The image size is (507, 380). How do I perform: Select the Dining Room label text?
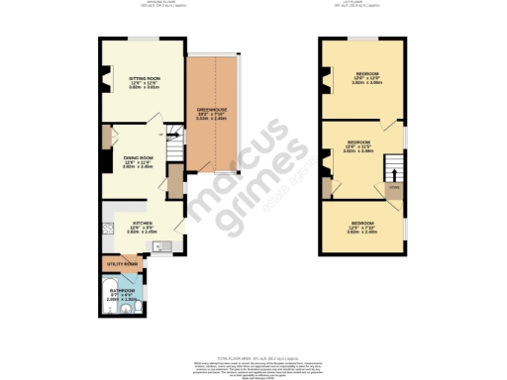(138, 158)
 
